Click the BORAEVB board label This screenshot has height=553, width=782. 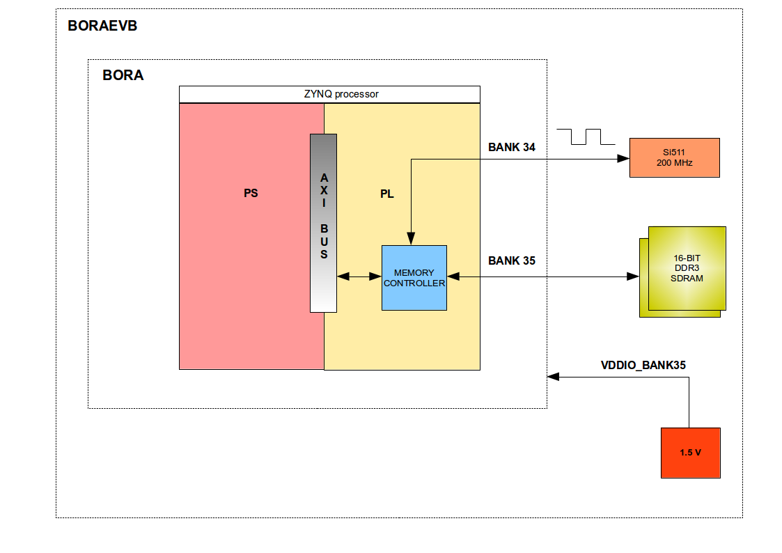coord(102,26)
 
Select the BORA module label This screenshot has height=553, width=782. coord(123,75)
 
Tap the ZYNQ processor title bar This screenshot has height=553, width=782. coord(329,94)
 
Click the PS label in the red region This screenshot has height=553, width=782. coord(251,194)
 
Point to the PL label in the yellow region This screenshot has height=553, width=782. coord(386,194)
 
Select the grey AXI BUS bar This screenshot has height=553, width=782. coord(323,223)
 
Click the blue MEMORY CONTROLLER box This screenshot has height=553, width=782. coord(414,278)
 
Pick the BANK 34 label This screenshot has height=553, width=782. coord(512,147)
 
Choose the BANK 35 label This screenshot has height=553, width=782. coord(512,260)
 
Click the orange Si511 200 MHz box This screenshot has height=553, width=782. coord(674,157)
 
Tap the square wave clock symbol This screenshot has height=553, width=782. coord(587,137)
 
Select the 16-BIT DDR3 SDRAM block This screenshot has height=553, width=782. coord(687,268)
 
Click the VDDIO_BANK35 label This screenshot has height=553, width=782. coord(644,364)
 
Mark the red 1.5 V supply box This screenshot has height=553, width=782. coord(690,453)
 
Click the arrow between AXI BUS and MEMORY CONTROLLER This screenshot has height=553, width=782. coord(359,277)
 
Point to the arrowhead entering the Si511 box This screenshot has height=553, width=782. coord(624,159)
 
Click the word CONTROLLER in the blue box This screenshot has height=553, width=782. coord(414,283)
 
